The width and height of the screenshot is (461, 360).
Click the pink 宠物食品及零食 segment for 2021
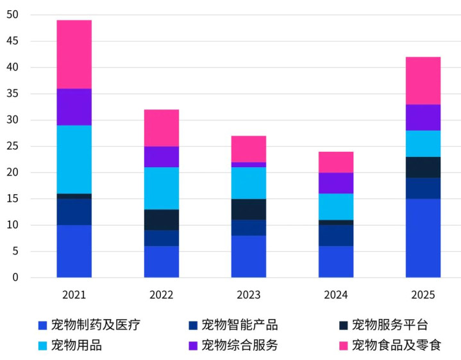[74, 54]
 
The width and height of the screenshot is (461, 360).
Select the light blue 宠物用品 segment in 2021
[74, 159]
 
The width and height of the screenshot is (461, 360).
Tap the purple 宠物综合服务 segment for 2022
[161, 156]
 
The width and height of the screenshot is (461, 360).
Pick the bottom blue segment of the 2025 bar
[423, 238]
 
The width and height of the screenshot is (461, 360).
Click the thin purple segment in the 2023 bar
[249, 165]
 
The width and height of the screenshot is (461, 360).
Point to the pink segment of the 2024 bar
[336, 162]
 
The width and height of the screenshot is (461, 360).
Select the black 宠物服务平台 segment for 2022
[161, 220]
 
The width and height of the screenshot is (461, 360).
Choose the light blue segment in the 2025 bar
[423, 143]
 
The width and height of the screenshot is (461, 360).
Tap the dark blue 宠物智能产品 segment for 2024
[336, 235]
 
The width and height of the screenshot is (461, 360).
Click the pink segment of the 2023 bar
[249, 149]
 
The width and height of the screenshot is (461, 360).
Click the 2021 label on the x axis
[74, 295]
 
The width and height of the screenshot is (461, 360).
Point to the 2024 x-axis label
[336, 295]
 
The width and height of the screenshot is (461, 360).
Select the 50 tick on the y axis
[12, 15]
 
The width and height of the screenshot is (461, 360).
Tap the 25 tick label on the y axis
[12, 146]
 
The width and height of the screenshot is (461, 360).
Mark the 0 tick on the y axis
[15, 277]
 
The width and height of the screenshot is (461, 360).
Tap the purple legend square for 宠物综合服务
[192, 346]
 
